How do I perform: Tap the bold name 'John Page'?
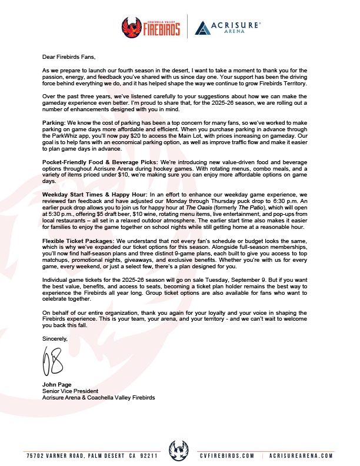tap(56, 385)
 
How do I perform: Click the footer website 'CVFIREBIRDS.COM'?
tap(226, 456)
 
